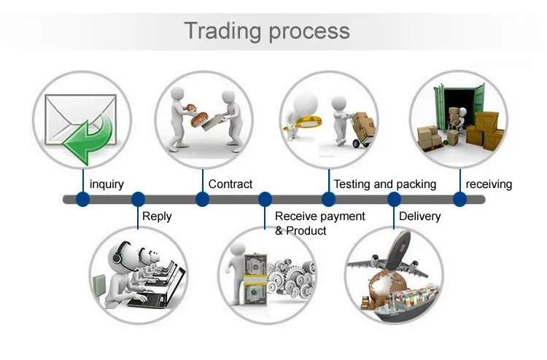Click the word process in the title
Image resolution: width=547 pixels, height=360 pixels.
pyautogui.click(x=309, y=31)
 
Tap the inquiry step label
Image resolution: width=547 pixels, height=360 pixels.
pyautogui.click(x=106, y=184)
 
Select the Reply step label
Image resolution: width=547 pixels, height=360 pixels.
pyautogui.click(x=157, y=216)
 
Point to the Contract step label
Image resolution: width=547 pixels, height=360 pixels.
pyautogui.click(x=230, y=184)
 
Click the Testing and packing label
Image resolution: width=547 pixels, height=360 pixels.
pyautogui.click(x=384, y=184)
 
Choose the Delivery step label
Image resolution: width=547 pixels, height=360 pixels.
pyautogui.click(x=420, y=216)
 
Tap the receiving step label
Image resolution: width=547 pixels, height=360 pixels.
pyautogui.click(x=489, y=184)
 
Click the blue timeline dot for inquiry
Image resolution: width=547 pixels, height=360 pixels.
pyautogui.click(x=82, y=199)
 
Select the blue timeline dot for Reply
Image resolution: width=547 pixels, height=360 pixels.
pyautogui.click(x=138, y=199)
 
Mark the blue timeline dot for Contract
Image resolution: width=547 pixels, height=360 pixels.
pyautogui.click(x=202, y=199)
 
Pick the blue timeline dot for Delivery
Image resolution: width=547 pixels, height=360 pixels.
pyautogui.click(x=394, y=199)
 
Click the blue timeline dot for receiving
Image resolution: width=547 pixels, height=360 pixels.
pyautogui.click(x=459, y=199)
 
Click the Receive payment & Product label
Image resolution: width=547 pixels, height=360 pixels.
pyautogui.click(x=319, y=223)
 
